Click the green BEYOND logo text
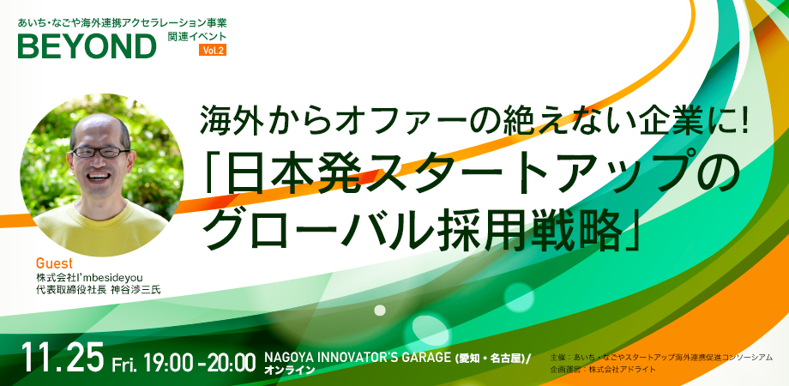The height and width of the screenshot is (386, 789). (87, 46)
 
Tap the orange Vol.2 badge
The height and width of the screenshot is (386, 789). (213, 50)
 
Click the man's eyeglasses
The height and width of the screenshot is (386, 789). (99, 152)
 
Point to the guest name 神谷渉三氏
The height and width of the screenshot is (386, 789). (136, 290)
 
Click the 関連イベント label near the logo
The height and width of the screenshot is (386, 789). (197, 35)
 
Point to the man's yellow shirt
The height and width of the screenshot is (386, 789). (100, 226)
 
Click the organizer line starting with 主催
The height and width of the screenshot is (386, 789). (661, 358)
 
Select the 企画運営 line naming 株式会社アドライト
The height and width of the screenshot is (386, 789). (603, 370)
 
